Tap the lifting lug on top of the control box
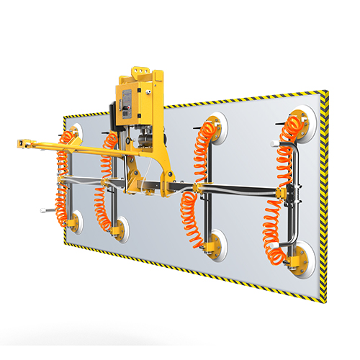coord(140,73)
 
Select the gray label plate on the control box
coord(130,102)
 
